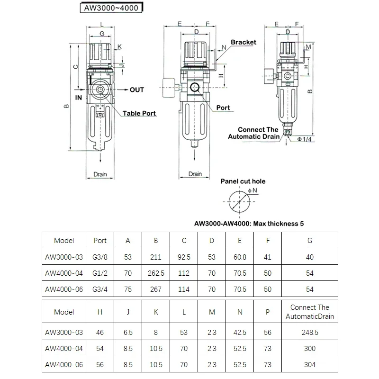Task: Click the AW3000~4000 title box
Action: click(x=110, y=8)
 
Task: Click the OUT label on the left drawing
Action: click(x=137, y=90)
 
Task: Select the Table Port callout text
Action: click(x=140, y=114)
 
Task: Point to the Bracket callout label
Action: click(x=244, y=42)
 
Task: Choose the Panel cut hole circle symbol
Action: click(x=239, y=201)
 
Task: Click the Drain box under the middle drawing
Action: click(x=195, y=174)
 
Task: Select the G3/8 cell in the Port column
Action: click(x=100, y=257)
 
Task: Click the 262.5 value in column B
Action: click(x=156, y=273)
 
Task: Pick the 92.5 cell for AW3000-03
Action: click(x=184, y=257)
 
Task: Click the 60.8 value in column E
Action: click(x=240, y=257)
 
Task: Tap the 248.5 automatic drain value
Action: click(x=310, y=333)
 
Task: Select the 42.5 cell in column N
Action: click(x=240, y=333)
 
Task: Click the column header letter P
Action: click(x=268, y=312)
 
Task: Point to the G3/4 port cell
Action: click(x=100, y=289)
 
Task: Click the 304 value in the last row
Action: click(x=310, y=365)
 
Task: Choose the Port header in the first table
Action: click(x=100, y=240)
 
